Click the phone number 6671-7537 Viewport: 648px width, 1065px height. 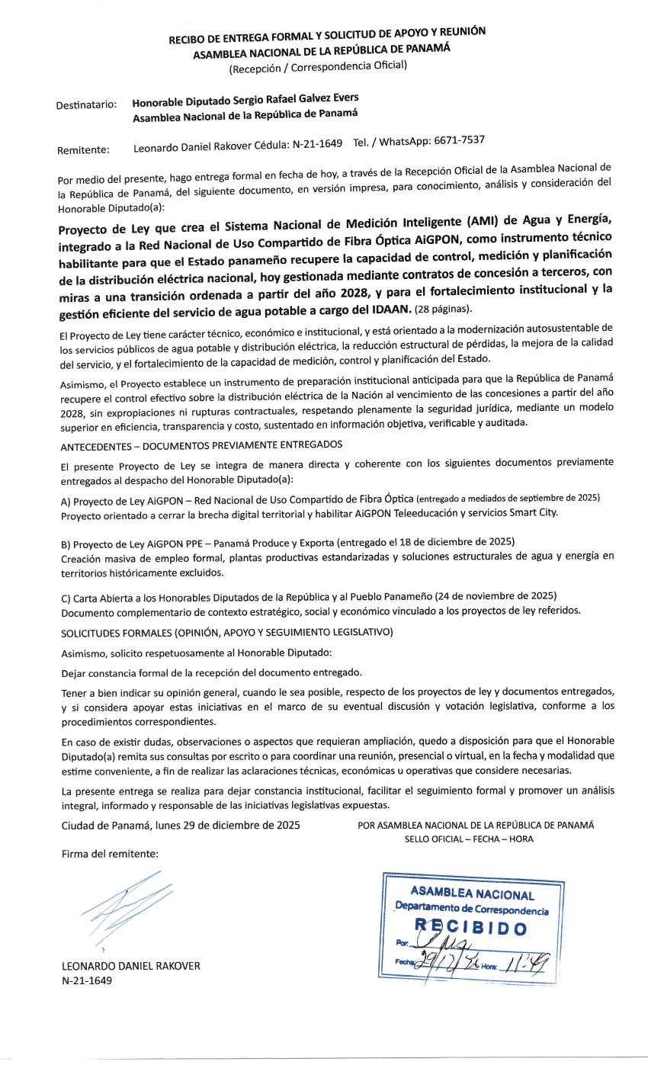(x=458, y=140)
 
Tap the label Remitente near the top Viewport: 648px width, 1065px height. (x=83, y=150)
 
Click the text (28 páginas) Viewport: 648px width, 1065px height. (x=444, y=308)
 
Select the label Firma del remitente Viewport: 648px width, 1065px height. (x=110, y=855)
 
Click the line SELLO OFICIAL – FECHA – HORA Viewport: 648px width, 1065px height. (x=470, y=839)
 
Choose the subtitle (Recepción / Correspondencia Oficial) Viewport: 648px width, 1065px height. (x=319, y=66)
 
